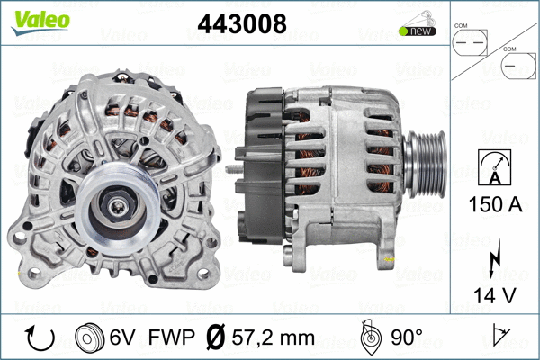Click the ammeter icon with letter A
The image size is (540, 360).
coord(494,166)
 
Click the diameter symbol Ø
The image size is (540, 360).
coord(215,338)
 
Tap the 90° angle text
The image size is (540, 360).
coord(406,338)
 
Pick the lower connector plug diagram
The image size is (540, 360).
coord(519,67)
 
